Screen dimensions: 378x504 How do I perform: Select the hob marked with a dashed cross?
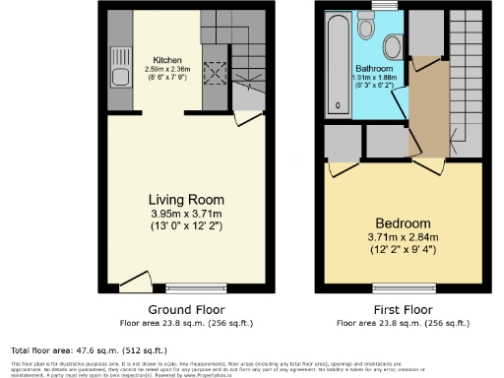[215, 72]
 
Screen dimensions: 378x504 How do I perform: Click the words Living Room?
[183, 195]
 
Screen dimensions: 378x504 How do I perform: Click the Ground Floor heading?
[183, 309]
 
